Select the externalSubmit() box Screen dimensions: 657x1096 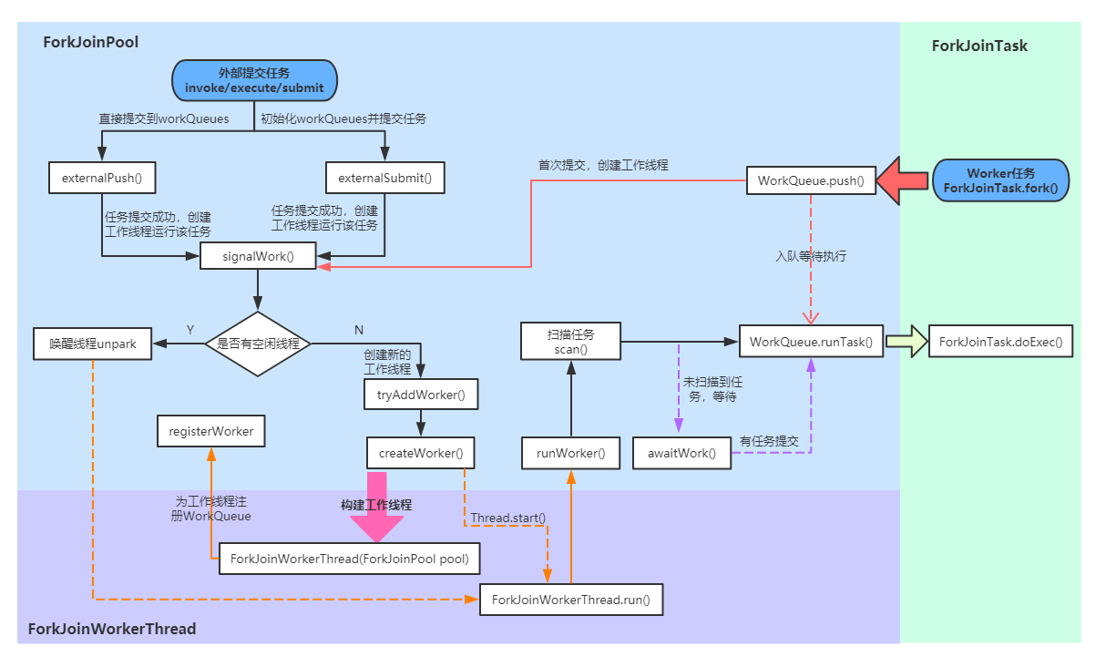(x=384, y=178)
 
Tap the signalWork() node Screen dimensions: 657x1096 (x=258, y=256)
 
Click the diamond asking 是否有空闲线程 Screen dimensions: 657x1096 (x=258, y=344)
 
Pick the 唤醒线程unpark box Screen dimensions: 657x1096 (x=92, y=344)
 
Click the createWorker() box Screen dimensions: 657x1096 (x=420, y=452)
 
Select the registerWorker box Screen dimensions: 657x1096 (x=210, y=431)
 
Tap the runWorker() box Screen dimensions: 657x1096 (x=570, y=452)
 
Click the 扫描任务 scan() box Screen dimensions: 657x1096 (x=570, y=342)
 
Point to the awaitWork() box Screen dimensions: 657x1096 (x=681, y=452)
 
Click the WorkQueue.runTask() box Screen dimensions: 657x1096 (x=810, y=343)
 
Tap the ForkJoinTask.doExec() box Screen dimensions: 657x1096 (x=999, y=343)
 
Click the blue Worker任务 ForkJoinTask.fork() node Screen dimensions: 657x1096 (x=1000, y=180)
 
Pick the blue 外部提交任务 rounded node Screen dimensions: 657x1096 (x=254, y=80)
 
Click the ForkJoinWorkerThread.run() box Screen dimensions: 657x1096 (x=570, y=600)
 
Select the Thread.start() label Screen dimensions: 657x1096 (x=507, y=518)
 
